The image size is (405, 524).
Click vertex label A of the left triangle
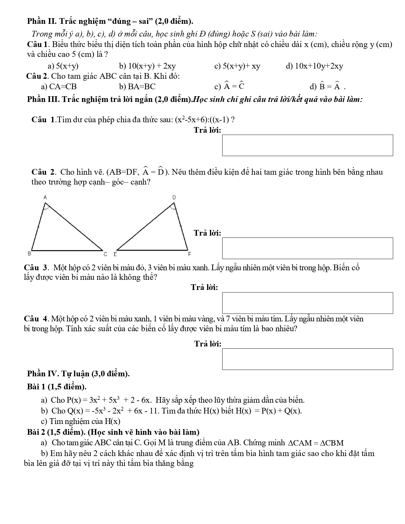coord(45,198)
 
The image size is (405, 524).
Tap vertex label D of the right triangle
coord(174,198)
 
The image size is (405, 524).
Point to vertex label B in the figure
coord(29,253)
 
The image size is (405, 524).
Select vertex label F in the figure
coord(189,254)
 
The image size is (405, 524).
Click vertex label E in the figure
coord(115,254)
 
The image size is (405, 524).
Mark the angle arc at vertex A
coord(46,207)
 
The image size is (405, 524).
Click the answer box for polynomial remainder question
coord(307,145)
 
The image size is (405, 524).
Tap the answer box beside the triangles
coord(307,248)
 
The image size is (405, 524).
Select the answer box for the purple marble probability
coord(307,359)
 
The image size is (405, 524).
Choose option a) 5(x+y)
coord(63,66)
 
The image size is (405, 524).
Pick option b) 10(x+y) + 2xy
coord(147,66)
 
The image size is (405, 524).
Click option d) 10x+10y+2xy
coord(314,66)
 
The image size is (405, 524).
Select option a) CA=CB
coord(59,87)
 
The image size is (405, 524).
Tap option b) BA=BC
coord(137,87)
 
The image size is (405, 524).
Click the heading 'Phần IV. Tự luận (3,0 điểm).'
coord(78,373)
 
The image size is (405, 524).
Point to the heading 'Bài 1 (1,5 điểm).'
coord(57,387)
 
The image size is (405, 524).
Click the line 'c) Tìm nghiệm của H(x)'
coord(81,421)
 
